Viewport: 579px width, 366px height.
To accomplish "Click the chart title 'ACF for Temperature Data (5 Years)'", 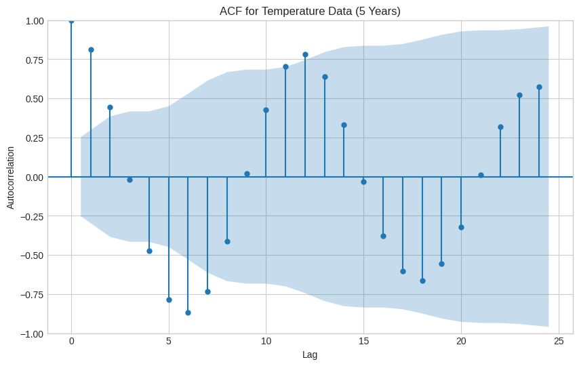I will pos(310,11).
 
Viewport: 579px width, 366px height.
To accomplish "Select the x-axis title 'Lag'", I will pos(310,354).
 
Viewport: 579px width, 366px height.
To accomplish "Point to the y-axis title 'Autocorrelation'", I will pos(10,178).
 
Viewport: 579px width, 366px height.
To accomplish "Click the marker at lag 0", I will pos(71,20).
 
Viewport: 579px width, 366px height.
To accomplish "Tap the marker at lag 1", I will pos(91,49).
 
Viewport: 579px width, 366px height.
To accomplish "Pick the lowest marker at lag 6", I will pos(188,312).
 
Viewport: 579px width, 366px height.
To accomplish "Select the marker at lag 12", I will pos(305,54).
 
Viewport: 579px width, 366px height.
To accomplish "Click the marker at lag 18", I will pos(422,281).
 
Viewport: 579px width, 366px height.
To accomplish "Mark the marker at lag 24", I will pos(539,87).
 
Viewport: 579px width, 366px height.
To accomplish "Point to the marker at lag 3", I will pos(129,180).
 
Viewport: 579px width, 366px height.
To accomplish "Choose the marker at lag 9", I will pos(247,174).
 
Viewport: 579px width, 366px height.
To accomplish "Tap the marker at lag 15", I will pos(363,182).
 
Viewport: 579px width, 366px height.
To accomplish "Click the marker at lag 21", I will pos(481,175).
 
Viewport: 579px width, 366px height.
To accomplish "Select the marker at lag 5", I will pos(169,300).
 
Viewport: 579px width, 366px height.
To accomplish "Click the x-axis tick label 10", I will pos(266,341).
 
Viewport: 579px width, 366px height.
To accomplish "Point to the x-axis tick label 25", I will pos(559,341).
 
